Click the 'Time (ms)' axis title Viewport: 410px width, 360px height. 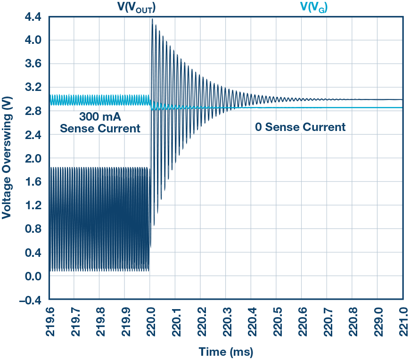[226, 352]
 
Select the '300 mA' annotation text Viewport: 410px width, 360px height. [99, 115]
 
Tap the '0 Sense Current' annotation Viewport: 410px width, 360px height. [300, 127]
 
